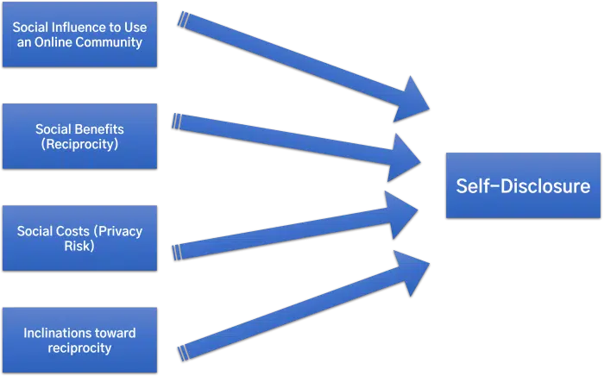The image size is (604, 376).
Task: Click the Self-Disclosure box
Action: (523, 185)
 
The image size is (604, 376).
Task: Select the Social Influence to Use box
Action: (79, 34)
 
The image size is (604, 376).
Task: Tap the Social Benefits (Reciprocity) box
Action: (79, 136)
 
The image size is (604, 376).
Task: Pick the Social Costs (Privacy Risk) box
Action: (79, 238)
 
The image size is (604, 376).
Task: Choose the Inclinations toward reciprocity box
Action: (79, 340)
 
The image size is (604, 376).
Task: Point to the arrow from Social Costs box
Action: (293, 229)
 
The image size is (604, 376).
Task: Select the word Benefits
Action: (101, 129)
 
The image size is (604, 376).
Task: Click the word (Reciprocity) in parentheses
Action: (79, 144)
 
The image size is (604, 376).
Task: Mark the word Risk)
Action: (79, 246)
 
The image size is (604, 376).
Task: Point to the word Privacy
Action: (120, 231)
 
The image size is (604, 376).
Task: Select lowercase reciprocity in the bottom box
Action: (79, 348)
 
